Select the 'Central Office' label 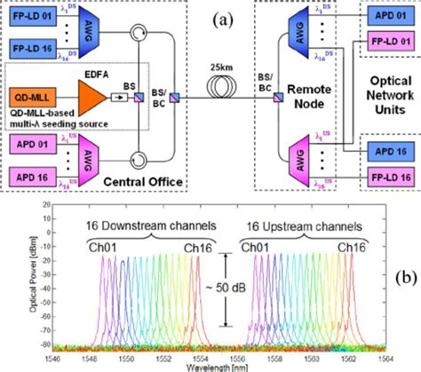149,182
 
